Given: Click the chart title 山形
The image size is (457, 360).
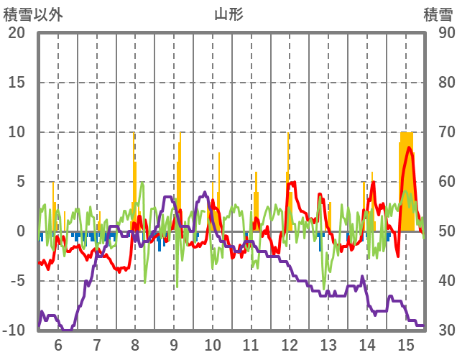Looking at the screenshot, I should coord(228,14).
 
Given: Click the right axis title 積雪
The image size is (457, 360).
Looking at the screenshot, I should coord(438,14).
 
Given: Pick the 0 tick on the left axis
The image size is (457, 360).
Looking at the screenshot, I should coord(22,231).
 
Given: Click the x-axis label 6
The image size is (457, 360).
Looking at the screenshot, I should coord(57,345).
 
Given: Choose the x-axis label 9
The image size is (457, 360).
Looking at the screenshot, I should coord(173,345).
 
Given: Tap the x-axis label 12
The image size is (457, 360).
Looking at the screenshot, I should coord(290,345).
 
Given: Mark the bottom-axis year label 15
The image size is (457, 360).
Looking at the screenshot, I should coord(406,345).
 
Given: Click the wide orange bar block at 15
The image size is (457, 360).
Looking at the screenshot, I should coord(406,180).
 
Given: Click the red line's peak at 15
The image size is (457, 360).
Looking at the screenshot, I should coord(409,147).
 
